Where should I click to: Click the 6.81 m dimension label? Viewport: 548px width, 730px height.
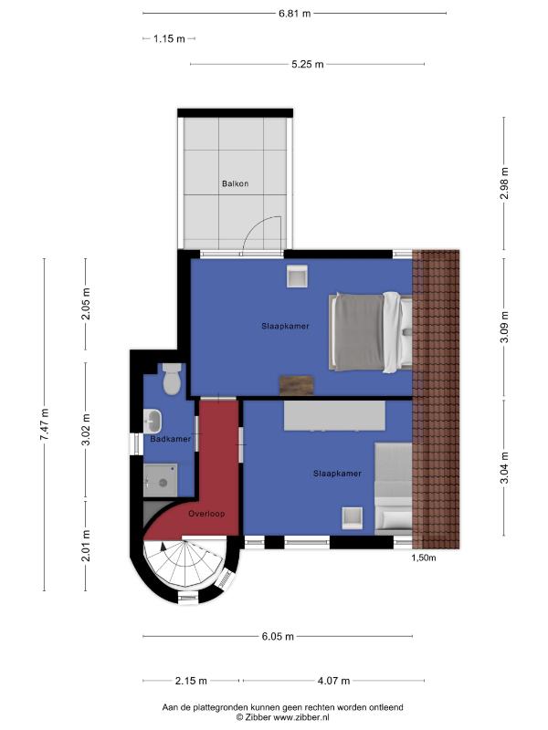point(294,14)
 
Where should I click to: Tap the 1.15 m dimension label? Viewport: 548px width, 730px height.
point(169,38)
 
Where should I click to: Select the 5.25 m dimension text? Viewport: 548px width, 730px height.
point(308,64)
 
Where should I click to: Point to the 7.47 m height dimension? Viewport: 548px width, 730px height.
point(44,424)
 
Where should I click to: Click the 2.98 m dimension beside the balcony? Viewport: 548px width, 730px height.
point(504,183)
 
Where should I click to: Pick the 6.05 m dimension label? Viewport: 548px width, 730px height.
point(278,636)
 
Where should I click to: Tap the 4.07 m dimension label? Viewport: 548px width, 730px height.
point(333,681)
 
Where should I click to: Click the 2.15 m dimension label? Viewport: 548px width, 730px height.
point(191,681)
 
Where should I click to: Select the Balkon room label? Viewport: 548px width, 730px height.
point(236,183)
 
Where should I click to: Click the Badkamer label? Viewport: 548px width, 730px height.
point(171,439)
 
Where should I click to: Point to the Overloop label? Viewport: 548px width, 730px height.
point(206,514)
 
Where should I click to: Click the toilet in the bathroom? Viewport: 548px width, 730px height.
point(172,379)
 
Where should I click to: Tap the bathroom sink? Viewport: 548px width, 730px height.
point(153,421)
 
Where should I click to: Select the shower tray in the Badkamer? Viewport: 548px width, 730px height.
point(161,480)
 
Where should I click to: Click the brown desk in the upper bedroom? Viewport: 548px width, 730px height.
point(296,385)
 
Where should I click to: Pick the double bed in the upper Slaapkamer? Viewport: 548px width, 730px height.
point(371,332)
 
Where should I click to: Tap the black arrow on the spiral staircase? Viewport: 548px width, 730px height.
point(163,546)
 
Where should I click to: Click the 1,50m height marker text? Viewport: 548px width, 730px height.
point(424,558)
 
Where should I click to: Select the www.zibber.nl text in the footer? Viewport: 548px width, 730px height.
point(300,717)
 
